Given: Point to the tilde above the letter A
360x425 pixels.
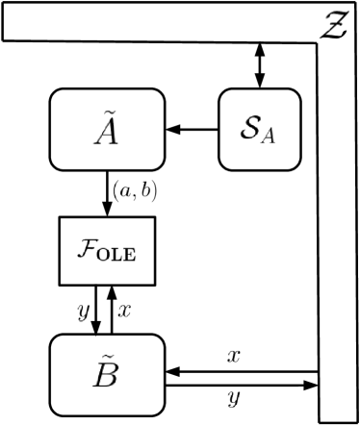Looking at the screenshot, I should click(105, 112).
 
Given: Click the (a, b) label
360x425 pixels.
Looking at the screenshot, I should click(135, 192).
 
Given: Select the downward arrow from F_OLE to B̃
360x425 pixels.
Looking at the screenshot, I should click(94, 309).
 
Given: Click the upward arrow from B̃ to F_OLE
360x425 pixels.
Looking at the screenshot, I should click(114, 309).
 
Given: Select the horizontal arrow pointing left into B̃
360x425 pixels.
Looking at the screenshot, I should click(241, 371).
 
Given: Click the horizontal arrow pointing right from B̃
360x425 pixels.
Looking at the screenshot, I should click(241, 386).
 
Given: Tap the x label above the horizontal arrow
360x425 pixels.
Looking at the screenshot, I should click(233, 356).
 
